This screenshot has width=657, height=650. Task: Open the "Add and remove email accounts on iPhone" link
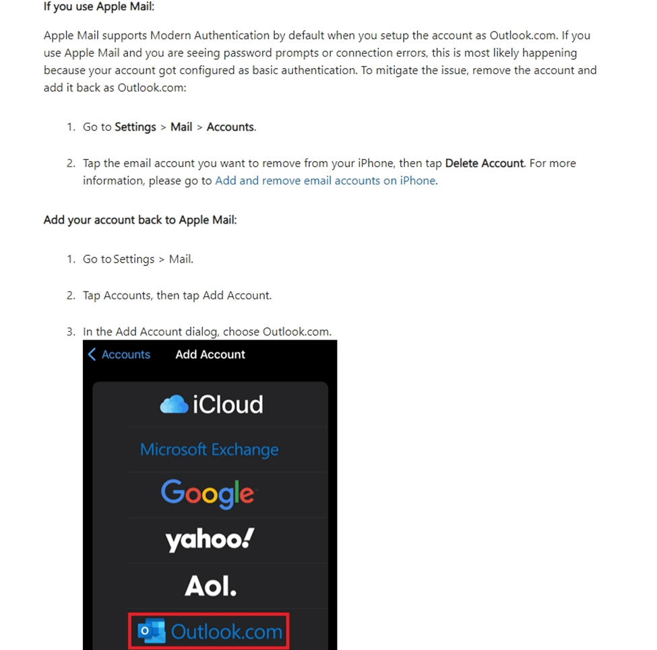click(x=325, y=181)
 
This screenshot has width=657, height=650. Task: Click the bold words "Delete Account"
click(x=484, y=163)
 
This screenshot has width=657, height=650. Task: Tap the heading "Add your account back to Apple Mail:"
click(x=140, y=220)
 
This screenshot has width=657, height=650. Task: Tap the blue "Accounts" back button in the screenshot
click(x=125, y=354)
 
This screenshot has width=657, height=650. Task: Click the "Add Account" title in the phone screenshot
click(x=210, y=354)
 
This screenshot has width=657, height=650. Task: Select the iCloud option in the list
click(x=212, y=404)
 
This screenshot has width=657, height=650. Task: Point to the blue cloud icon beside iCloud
click(x=174, y=404)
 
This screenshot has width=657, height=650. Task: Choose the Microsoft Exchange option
click(x=209, y=449)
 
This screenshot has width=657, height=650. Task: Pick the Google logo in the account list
click(x=208, y=494)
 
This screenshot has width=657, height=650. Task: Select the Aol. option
click(x=210, y=586)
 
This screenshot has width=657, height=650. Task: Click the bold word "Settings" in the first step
click(x=135, y=127)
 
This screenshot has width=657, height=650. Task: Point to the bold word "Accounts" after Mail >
click(x=230, y=127)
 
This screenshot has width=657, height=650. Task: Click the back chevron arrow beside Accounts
click(x=92, y=354)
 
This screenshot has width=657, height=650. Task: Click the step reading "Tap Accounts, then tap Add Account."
click(x=177, y=295)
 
